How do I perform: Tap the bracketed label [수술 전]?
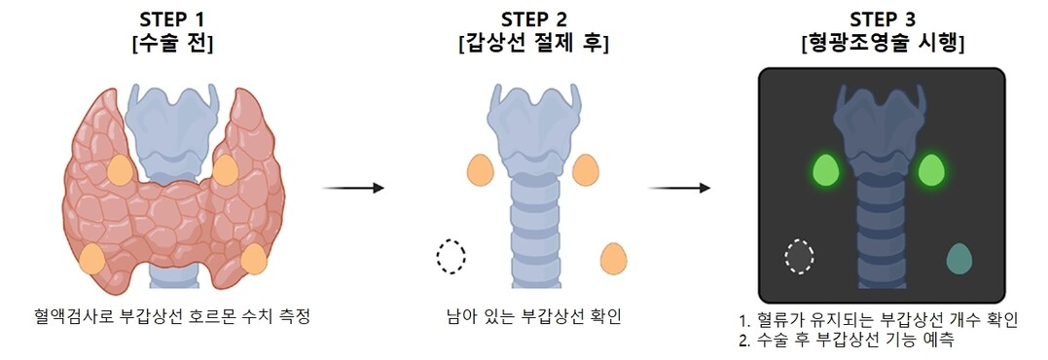pyautogui.click(x=172, y=44)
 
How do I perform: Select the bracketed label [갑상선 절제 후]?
pyautogui.click(x=533, y=44)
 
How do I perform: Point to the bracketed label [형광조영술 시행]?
pyautogui.click(x=882, y=44)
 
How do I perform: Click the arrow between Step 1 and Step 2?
pyautogui.click(x=353, y=189)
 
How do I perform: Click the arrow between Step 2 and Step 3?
pyautogui.click(x=679, y=189)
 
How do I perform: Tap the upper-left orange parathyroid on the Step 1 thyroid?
pyautogui.click(x=121, y=169)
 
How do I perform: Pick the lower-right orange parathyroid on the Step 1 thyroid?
pyautogui.click(x=254, y=259)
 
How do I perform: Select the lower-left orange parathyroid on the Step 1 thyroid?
pyautogui.click(x=92, y=259)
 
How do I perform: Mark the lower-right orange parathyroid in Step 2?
pyautogui.click(x=614, y=259)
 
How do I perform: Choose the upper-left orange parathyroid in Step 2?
pyautogui.click(x=480, y=169)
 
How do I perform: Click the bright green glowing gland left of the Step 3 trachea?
pyautogui.click(x=825, y=170)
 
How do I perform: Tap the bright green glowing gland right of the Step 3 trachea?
pyautogui.click(x=931, y=170)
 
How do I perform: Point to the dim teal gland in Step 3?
pyautogui.click(x=959, y=259)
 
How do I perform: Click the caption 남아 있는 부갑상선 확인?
pyautogui.click(x=533, y=315)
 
